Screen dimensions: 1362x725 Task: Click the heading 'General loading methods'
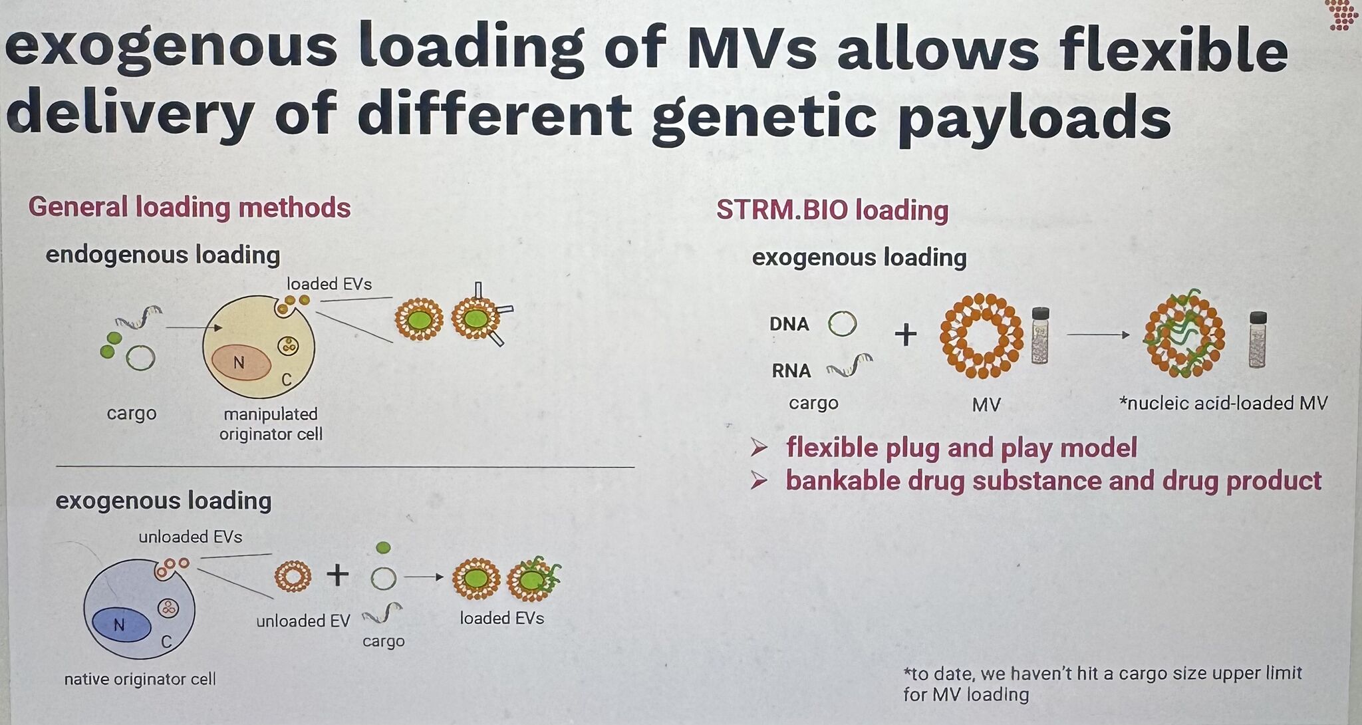click(190, 208)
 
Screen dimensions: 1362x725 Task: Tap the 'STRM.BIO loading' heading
click(833, 210)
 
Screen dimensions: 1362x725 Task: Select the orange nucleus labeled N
click(241, 363)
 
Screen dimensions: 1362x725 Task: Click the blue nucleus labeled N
click(121, 625)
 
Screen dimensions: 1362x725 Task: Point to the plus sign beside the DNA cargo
click(906, 334)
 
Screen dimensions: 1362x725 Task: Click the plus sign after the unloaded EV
click(338, 575)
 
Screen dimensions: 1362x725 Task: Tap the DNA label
click(789, 324)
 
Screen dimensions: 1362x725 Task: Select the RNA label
click(791, 370)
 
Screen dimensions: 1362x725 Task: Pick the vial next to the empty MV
click(1040, 335)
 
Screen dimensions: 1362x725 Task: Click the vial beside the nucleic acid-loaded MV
click(1258, 339)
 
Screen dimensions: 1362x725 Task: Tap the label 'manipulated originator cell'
click(271, 424)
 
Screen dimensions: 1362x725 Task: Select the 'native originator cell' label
click(140, 679)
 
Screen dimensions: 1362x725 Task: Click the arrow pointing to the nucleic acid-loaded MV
click(1099, 335)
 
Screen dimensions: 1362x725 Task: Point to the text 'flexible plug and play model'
click(962, 448)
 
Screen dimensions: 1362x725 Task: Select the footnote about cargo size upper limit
click(1103, 684)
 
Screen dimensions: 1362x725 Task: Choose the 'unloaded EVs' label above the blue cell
click(190, 537)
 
